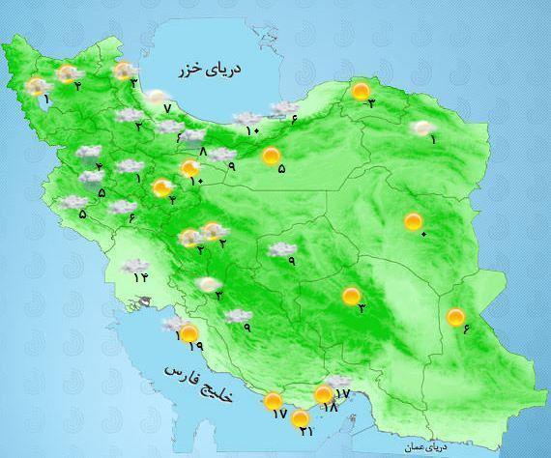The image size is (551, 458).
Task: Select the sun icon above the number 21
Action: coord(301,419)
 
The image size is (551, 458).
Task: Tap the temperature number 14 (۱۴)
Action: coord(142,278)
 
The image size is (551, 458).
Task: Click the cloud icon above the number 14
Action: coord(134,265)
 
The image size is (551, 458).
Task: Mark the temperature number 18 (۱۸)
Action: coord(330,409)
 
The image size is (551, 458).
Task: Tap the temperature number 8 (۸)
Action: coord(202,151)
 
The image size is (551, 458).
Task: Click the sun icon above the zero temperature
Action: coord(414,222)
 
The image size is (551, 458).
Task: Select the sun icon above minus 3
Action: coord(361,93)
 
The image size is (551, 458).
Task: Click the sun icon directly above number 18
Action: coord(323,395)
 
